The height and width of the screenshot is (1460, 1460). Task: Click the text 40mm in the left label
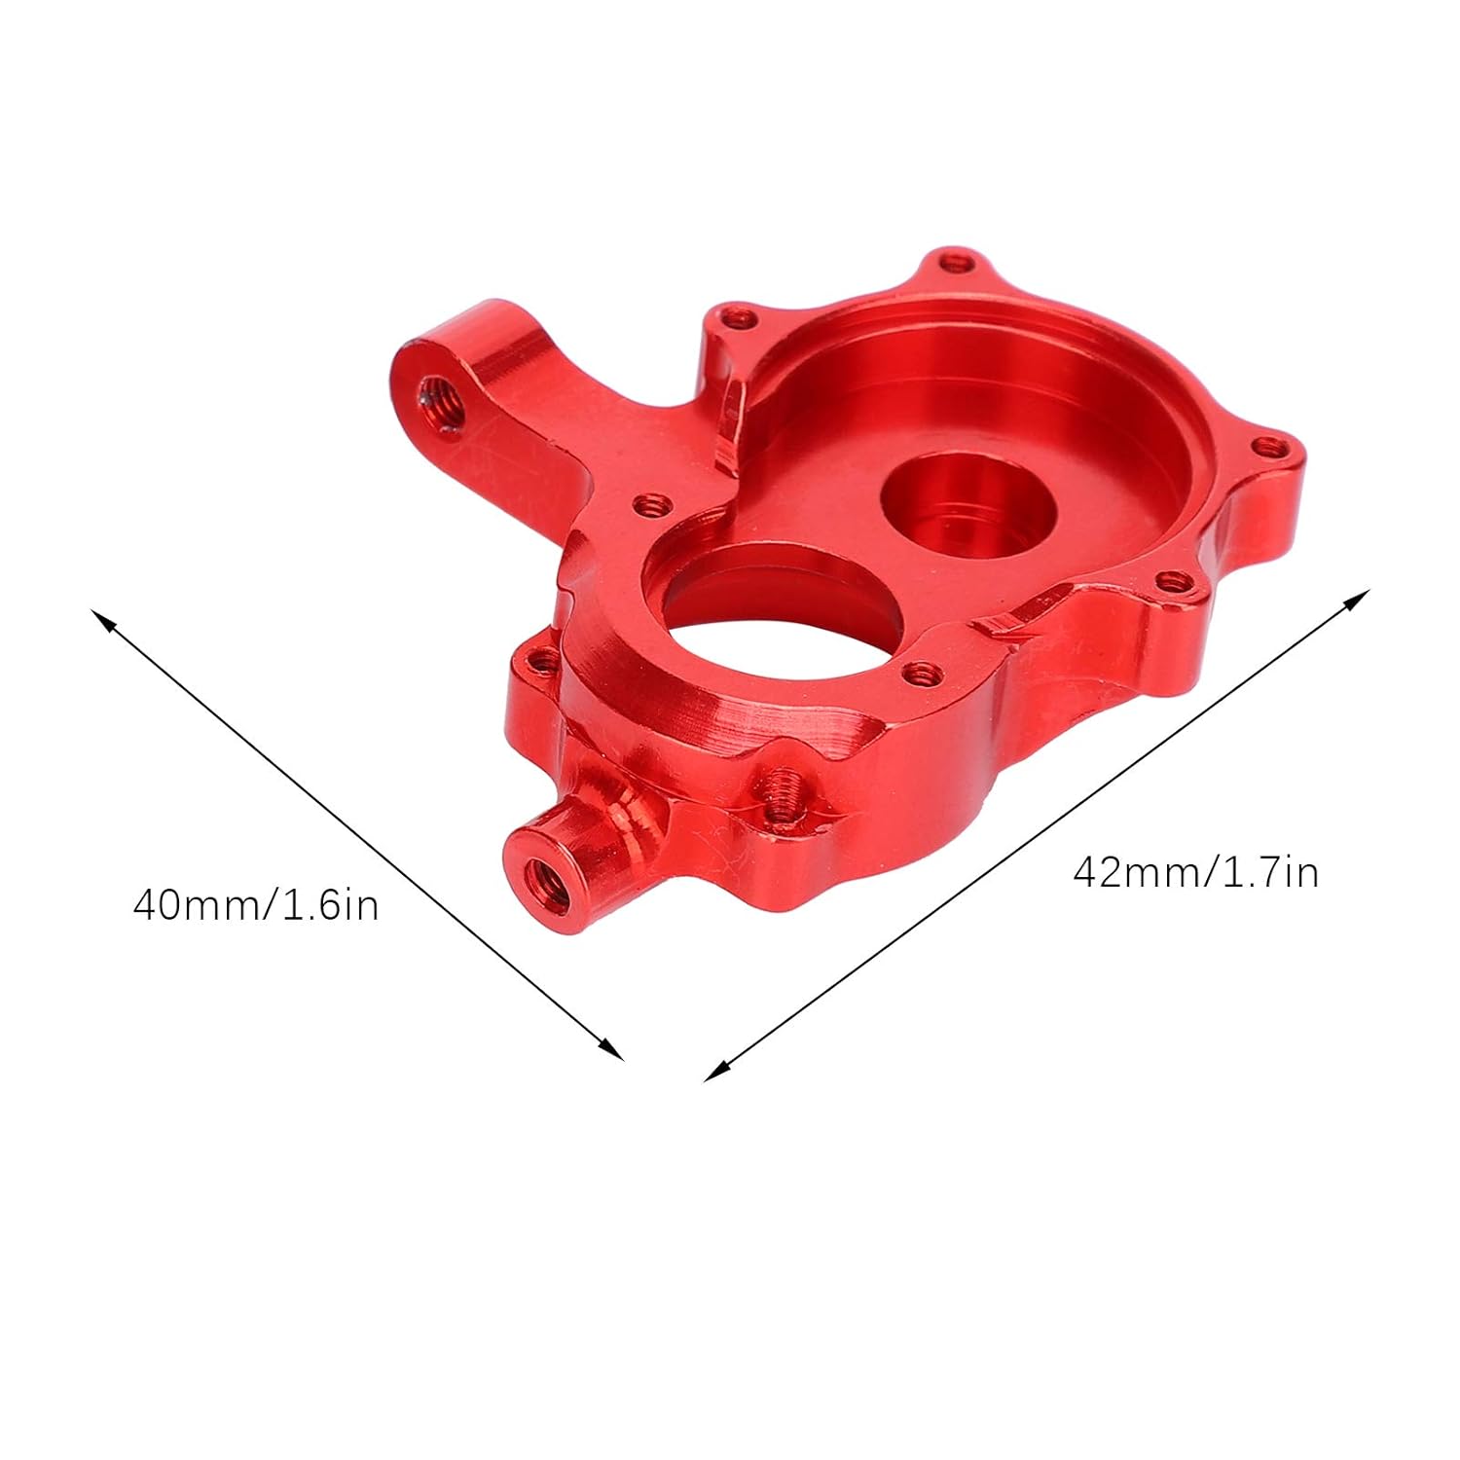192,906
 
